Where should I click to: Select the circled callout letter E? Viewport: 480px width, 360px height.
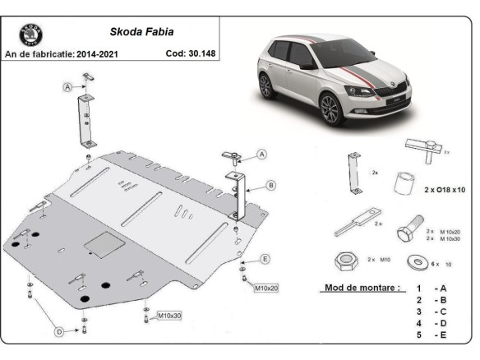pyautogui.click(x=265, y=260)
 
